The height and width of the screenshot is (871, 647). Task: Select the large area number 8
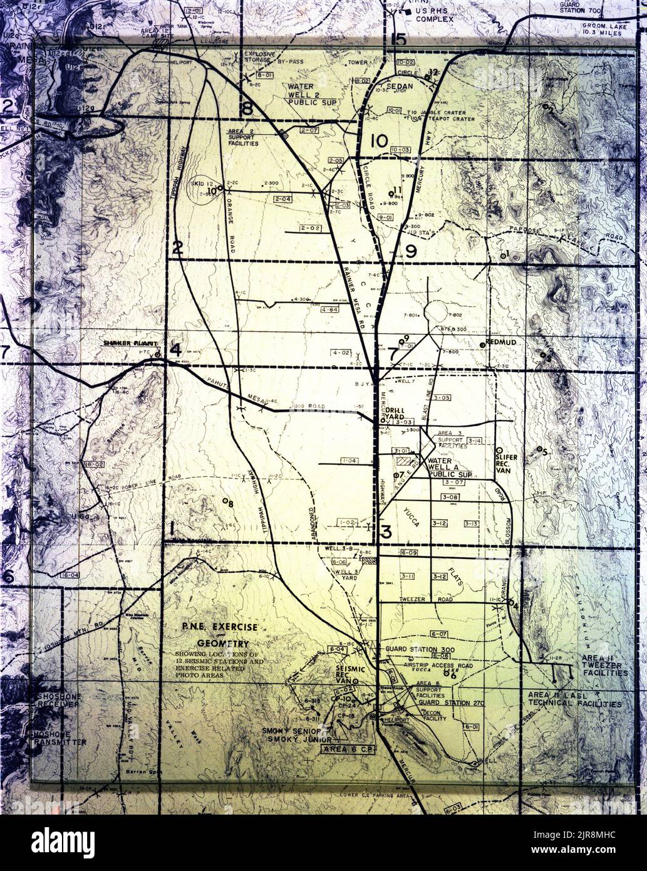[247, 108]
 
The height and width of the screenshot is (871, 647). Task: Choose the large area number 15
[398, 39]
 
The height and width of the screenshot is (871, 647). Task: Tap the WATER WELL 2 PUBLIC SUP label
[313, 93]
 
